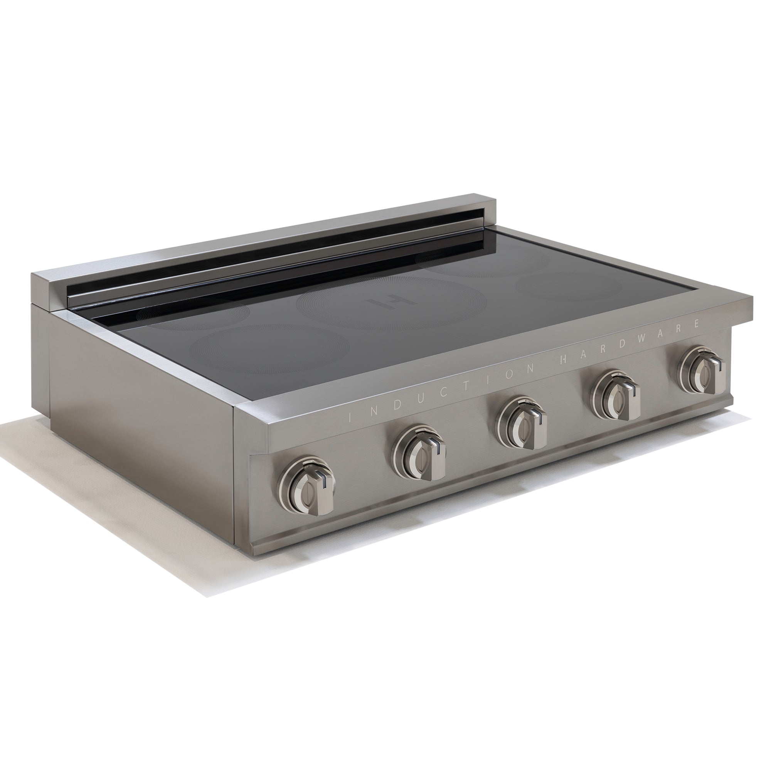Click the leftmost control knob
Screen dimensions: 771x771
point(306,488)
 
